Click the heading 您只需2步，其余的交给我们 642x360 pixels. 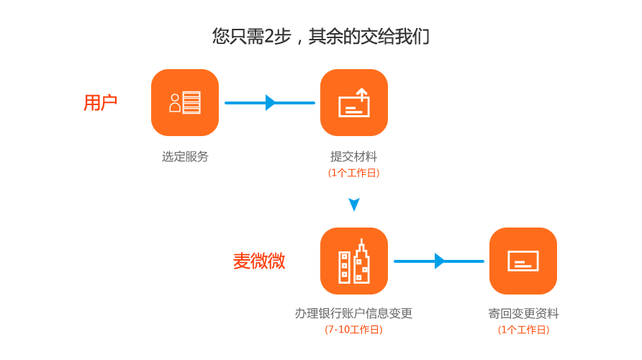pos(320,37)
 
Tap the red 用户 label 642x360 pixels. pos(100,102)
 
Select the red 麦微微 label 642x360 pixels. pos(259,261)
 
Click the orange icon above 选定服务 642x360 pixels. pos(185,102)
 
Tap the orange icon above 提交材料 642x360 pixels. pos(354,102)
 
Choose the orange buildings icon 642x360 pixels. pos(354,261)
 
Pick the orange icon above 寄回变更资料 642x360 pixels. pos(523,261)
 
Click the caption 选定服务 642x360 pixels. pos(185,156)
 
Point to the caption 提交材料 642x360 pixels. pos(354,156)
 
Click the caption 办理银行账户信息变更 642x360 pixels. pos(354,313)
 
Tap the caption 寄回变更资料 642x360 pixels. pos(523,313)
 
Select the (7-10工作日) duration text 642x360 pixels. pos(354,330)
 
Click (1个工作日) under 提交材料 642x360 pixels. pos(354,173)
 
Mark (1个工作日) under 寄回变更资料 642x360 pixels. pos(524,330)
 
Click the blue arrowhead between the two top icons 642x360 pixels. pos(270,102)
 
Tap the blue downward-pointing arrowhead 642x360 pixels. pos(354,204)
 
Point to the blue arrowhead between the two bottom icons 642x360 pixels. pos(439,261)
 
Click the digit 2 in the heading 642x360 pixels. pos(269,37)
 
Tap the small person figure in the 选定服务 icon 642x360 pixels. pos(175,103)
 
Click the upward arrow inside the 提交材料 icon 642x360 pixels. pos(361,95)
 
